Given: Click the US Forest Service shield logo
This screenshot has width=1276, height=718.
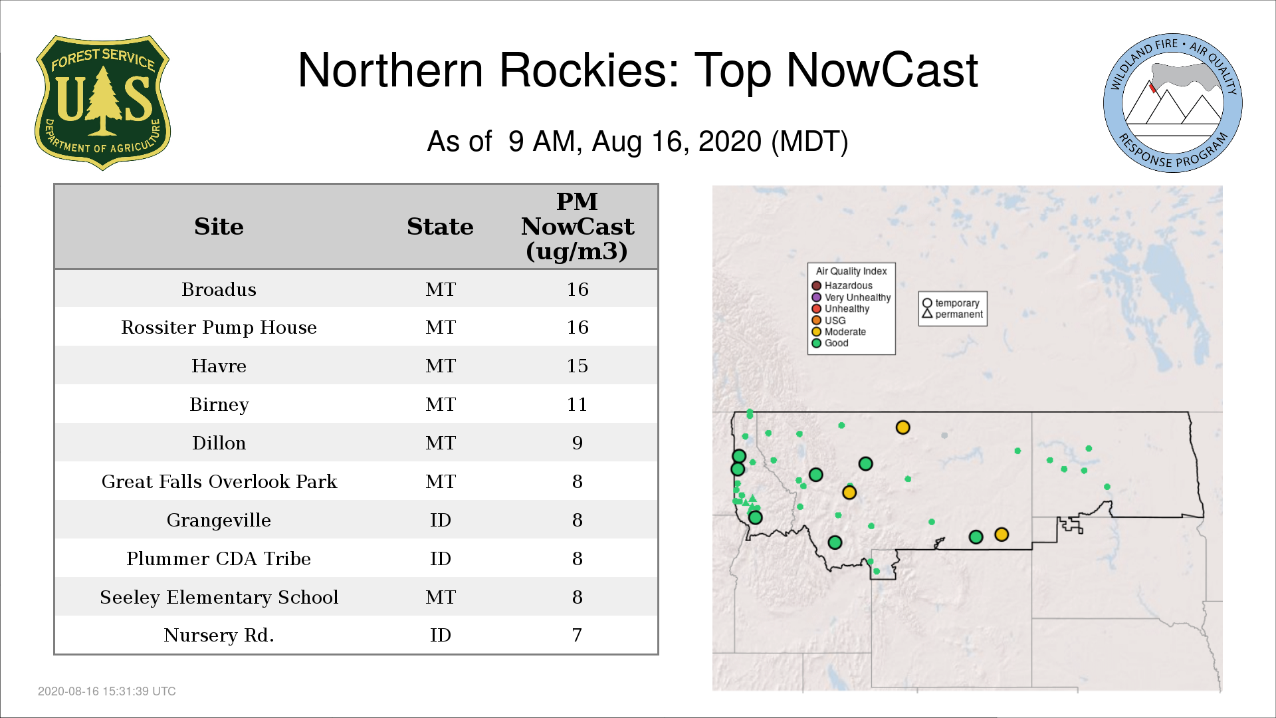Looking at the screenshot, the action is [x=102, y=103].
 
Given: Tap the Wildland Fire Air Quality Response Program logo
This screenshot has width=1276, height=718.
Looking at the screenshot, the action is [x=1173, y=103].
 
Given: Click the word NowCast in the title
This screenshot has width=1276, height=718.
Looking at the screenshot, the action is [x=883, y=70].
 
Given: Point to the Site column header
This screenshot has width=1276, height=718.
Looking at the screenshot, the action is [x=219, y=227].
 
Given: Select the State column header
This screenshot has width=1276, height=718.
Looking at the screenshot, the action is [x=440, y=227].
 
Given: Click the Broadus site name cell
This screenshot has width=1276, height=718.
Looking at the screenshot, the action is [x=219, y=289].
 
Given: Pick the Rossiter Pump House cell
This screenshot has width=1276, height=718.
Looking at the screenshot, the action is [x=219, y=327].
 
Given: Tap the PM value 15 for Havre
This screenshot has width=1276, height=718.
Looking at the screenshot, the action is [x=577, y=366].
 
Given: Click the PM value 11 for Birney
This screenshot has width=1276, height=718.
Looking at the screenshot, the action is [x=577, y=404].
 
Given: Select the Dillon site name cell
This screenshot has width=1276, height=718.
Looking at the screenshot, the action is [x=219, y=443].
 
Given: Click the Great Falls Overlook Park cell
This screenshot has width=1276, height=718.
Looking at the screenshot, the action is [x=219, y=481].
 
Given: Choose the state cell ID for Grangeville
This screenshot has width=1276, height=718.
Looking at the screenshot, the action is [x=440, y=520].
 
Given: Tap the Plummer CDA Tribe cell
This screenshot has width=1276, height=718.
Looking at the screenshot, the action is [x=219, y=558].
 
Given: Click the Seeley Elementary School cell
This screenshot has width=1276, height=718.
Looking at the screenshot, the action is [x=219, y=597].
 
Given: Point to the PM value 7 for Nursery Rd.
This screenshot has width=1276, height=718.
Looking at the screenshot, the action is [x=577, y=635].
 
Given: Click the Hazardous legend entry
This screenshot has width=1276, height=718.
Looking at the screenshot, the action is [x=842, y=286].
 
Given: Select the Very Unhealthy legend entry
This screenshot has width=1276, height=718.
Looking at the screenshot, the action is [x=851, y=297].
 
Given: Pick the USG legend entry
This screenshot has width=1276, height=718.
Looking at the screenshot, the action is [x=829, y=320].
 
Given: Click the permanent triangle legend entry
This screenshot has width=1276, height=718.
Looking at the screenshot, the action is [x=952, y=314].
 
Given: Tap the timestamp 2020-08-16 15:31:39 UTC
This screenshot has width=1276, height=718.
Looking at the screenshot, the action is [x=107, y=691].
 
